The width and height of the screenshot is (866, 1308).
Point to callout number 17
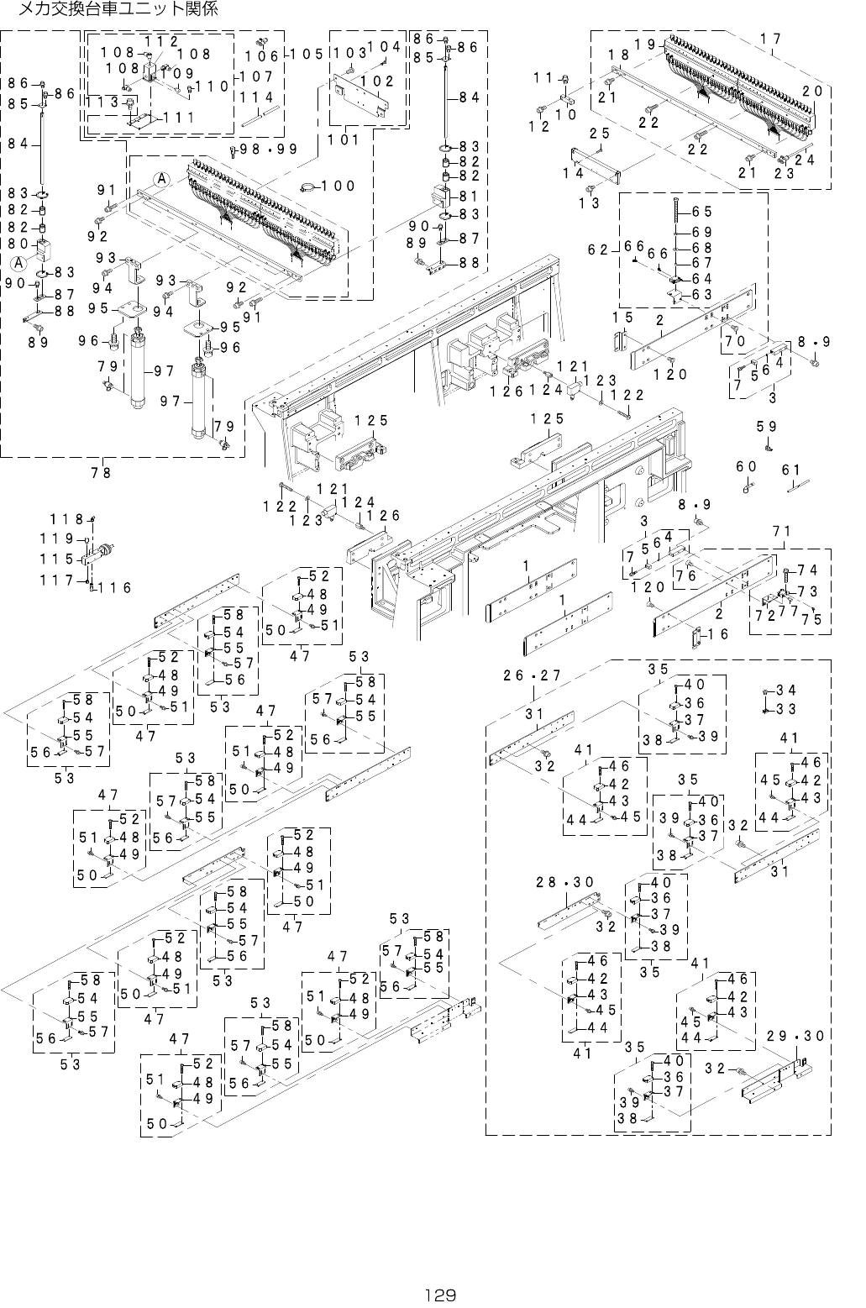[771, 39]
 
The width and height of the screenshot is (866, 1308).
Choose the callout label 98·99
[269, 149]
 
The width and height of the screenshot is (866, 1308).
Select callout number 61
[791, 470]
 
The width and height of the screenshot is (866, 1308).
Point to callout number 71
[782, 531]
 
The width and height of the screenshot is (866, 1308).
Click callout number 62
[598, 250]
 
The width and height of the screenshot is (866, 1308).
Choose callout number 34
[786, 691]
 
